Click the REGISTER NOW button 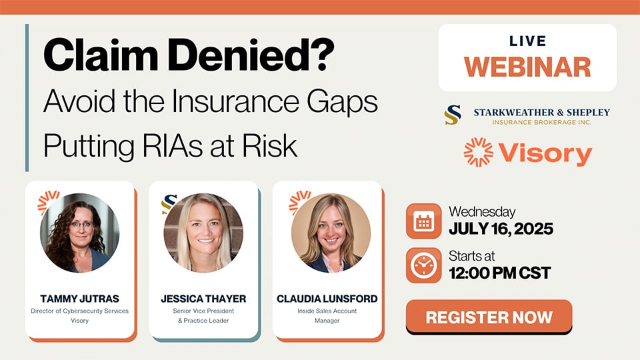click(x=489, y=317)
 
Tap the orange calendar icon click(x=424, y=221)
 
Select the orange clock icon click(x=424, y=265)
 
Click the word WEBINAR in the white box click(x=527, y=67)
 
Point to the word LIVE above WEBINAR click(x=528, y=41)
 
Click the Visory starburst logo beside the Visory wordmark click(x=479, y=152)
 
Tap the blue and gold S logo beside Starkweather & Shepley click(x=453, y=115)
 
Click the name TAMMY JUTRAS click(x=79, y=299)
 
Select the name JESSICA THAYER click(x=203, y=299)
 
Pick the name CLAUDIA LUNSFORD click(x=327, y=299)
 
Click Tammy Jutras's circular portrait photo click(x=79, y=233)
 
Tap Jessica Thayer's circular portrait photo click(x=203, y=233)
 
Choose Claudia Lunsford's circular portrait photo click(x=331, y=233)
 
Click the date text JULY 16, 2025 click(x=501, y=229)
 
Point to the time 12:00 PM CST click(x=500, y=273)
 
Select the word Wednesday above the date click(x=482, y=212)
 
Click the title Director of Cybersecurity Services click(x=79, y=311)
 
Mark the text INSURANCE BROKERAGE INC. click(x=541, y=122)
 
